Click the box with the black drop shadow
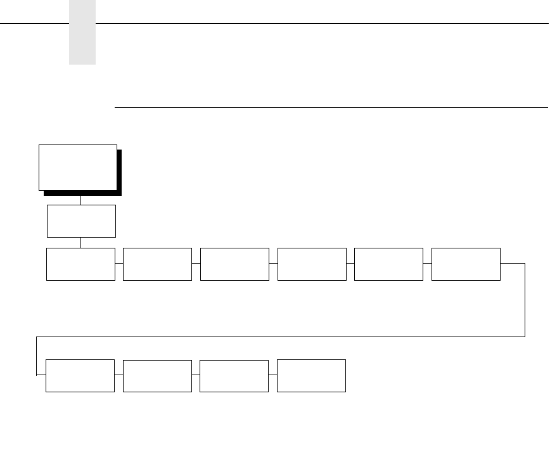coord(78,167)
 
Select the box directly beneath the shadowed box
coord(81,221)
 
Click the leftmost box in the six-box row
coord(80,264)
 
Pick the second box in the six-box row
coord(157,264)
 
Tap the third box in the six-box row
coord(234,264)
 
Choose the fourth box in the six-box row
coord(312,264)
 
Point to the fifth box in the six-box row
coord(388,264)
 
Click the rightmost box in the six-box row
coord(466,264)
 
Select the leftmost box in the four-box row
coord(80,376)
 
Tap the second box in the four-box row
coord(157,376)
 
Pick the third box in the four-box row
coord(234,376)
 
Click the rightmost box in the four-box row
coord(312,376)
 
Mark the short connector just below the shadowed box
coord(80,200)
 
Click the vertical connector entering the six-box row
coord(80,243)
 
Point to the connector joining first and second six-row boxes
coord(119,262)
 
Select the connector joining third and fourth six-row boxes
coord(273,262)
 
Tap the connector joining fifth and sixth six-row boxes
coord(427,262)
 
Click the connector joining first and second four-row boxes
coord(119,375)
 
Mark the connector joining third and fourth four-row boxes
coord(273,375)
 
